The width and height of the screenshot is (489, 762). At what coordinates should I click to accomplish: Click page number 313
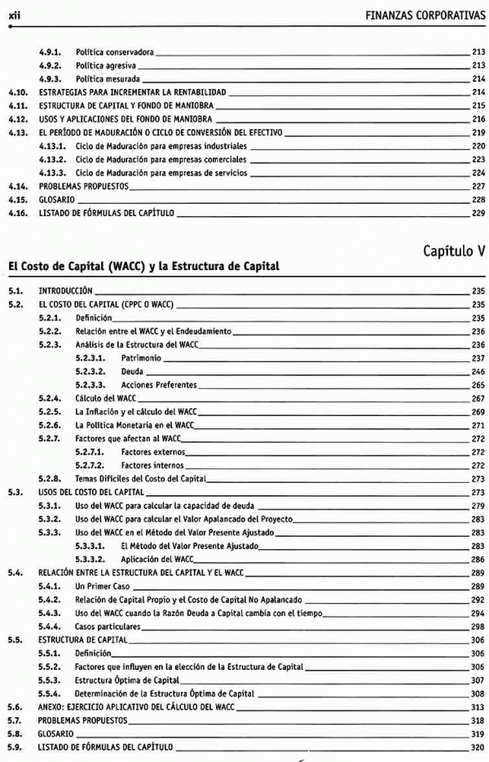pyautogui.click(x=478, y=707)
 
